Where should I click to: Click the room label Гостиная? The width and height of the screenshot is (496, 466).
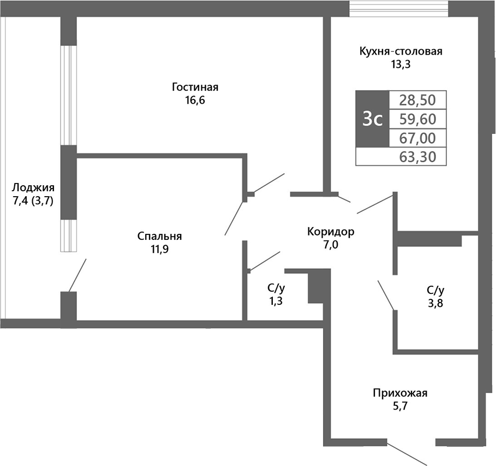tap(195, 87)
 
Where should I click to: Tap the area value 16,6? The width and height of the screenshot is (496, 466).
tap(195, 101)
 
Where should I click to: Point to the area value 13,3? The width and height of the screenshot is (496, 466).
tap(401, 64)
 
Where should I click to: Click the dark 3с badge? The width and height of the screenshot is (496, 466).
tap(372, 118)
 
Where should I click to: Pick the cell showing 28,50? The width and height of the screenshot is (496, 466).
tap(417, 99)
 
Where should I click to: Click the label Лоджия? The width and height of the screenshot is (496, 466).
tap(33, 187)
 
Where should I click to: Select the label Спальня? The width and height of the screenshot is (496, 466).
tap(159, 236)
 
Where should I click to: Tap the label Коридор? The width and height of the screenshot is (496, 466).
tap(331, 231)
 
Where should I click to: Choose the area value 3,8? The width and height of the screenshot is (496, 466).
tap(435, 304)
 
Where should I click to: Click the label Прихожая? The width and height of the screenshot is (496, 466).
tap(400, 393)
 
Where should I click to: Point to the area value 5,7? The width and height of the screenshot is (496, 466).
tap(400, 406)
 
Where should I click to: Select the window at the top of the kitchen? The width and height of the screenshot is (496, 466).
tap(399, 9)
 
